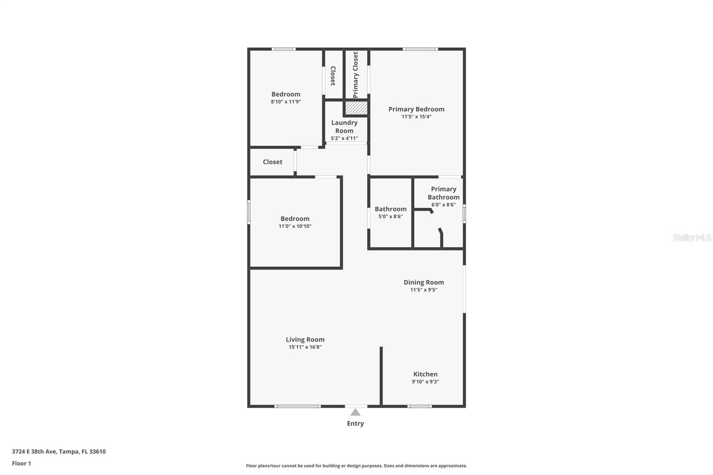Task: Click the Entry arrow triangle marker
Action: [x=355, y=412]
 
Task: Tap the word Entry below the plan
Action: [x=355, y=423]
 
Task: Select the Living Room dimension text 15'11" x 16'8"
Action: [x=305, y=347]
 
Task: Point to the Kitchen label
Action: [x=425, y=374]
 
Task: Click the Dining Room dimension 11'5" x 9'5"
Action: [x=423, y=290]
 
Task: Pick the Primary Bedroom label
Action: [x=416, y=109]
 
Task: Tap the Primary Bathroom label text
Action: [x=443, y=193]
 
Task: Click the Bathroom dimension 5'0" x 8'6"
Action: [x=390, y=217]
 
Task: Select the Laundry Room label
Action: [x=344, y=127]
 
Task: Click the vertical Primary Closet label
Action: [x=355, y=75]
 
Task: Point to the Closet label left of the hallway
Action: [x=272, y=162]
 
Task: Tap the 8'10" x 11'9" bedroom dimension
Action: [x=286, y=102]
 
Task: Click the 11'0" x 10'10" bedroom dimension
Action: [x=295, y=226]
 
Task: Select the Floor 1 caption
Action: [x=21, y=463]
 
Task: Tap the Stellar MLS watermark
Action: [x=692, y=237]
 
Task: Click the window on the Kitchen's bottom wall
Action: [x=420, y=406]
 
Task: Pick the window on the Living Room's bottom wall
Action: [x=297, y=406]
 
